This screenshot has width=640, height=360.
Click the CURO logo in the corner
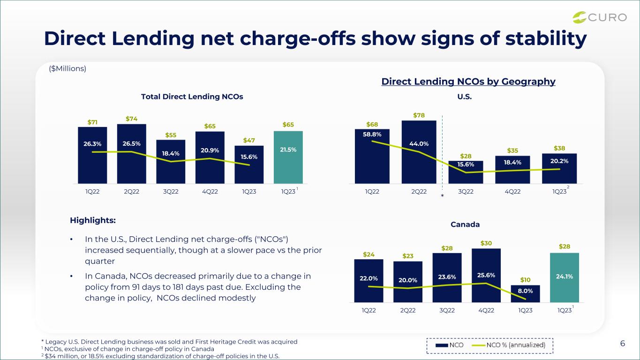pos(599,17)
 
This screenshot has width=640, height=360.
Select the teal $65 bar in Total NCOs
pos(288,157)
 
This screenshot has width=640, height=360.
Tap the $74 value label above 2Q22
pos(131,119)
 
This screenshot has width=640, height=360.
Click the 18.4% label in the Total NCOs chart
pos(171,153)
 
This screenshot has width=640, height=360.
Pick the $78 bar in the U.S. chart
pos(419,152)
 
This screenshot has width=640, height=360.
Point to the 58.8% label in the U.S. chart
pos(372,134)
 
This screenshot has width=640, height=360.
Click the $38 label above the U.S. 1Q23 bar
pos(559,148)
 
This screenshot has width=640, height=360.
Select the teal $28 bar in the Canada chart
pos(565,277)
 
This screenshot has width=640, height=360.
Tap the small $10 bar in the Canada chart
pos(525,294)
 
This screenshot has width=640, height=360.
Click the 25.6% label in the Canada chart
pos(486,275)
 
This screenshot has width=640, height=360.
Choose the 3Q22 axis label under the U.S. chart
pos(466,191)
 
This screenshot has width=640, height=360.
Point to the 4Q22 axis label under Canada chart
pos(486,310)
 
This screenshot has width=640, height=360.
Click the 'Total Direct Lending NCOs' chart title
pos(192,97)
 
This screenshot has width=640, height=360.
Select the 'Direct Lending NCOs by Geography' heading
pos(468,82)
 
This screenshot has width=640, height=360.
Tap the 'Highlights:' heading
pos(93,220)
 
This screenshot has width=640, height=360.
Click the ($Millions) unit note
pos(68,68)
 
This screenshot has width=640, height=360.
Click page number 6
pos(623,343)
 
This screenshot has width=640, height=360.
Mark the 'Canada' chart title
pos(465,225)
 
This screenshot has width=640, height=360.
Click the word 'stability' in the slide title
pos(546,39)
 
